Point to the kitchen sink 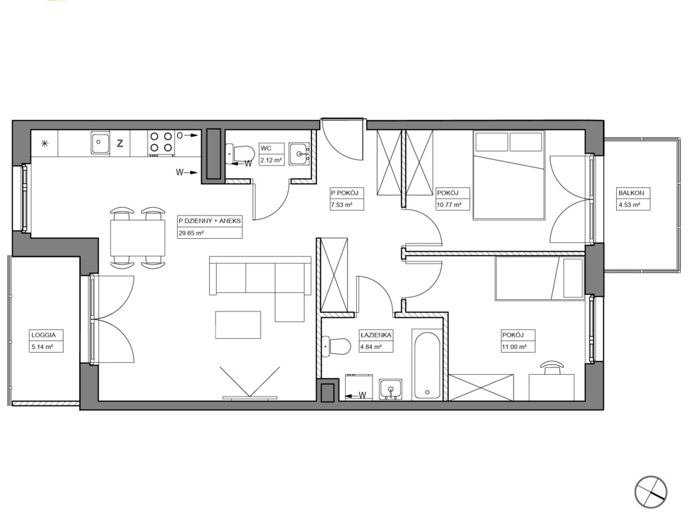[x=101, y=143]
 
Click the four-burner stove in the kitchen [x=161, y=142]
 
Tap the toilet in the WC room [x=239, y=154]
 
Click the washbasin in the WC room [x=300, y=154]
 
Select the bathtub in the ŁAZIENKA [x=427, y=365]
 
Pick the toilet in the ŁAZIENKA [x=336, y=346]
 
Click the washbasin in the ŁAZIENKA [x=390, y=389]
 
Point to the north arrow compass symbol [x=650, y=491]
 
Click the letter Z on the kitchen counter [x=119, y=143]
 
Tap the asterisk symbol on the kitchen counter [x=45, y=143]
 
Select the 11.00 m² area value [x=514, y=347]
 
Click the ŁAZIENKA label [x=376, y=335]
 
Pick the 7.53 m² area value [x=341, y=204]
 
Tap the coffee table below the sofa [x=238, y=325]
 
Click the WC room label [x=266, y=148]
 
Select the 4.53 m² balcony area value [x=629, y=204]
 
